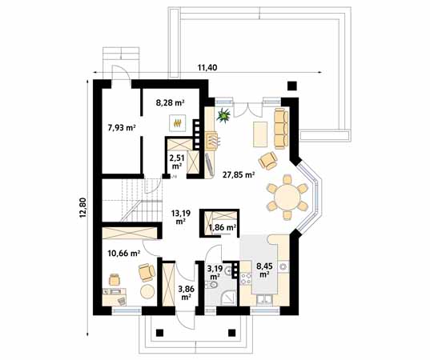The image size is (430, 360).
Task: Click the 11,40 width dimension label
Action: point(207,67)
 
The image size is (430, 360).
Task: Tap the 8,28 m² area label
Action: point(169,101)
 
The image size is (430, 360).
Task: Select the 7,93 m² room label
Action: point(120,126)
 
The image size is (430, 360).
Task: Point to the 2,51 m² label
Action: point(176,162)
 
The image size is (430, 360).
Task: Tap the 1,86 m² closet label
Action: point(221,228)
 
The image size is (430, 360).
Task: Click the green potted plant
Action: point(223,118)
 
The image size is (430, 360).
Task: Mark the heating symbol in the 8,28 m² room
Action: point(177,122)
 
